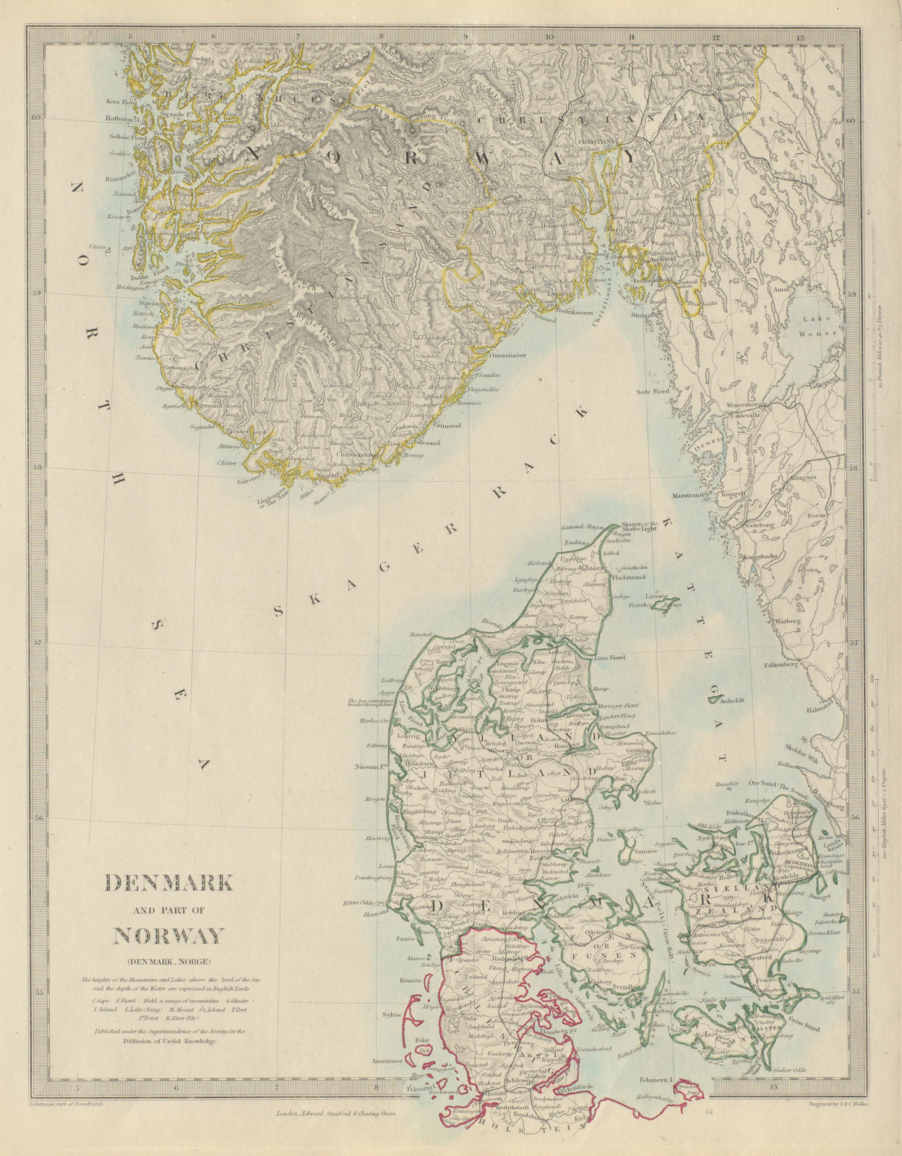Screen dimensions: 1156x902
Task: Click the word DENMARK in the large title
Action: (x=169, y=883)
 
